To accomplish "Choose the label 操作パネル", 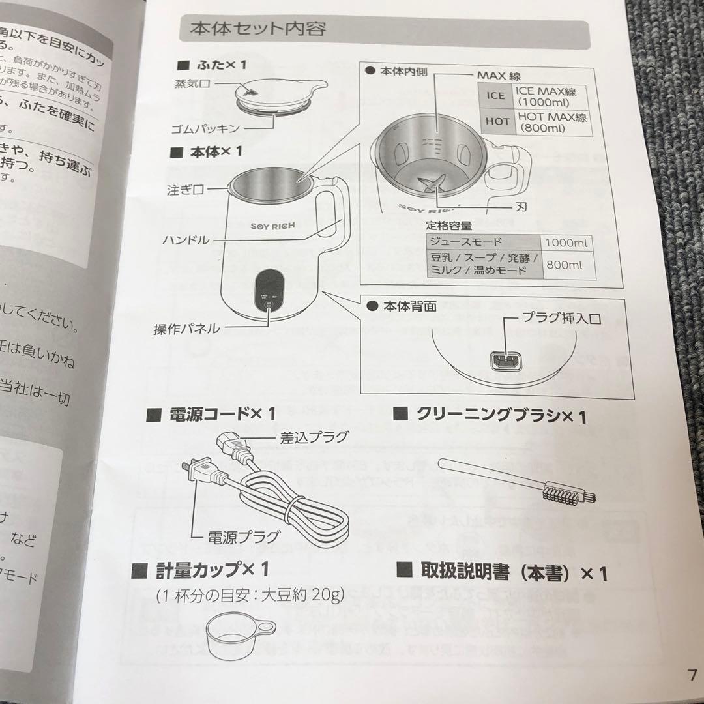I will click(186, 329).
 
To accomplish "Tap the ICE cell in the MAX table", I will click(495, 96).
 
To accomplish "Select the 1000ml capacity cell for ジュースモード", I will click(565, 242).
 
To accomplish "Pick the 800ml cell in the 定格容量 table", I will click(565, 265).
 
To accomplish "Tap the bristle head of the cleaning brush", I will click(561, 493).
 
